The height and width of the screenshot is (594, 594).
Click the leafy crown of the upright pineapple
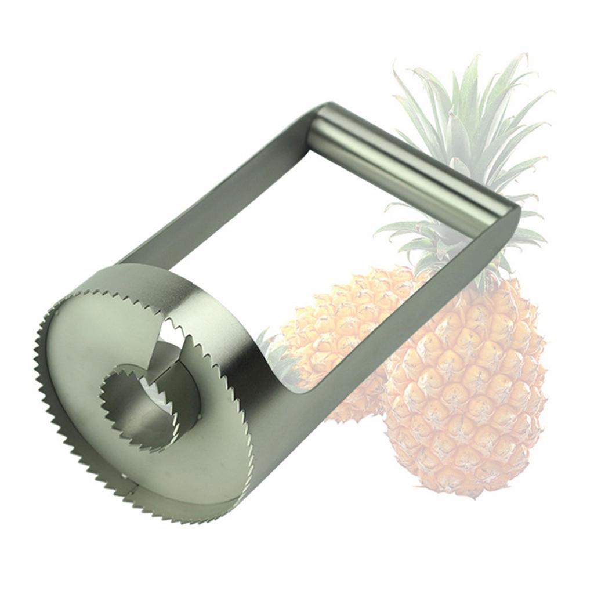(x=464, y=145)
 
